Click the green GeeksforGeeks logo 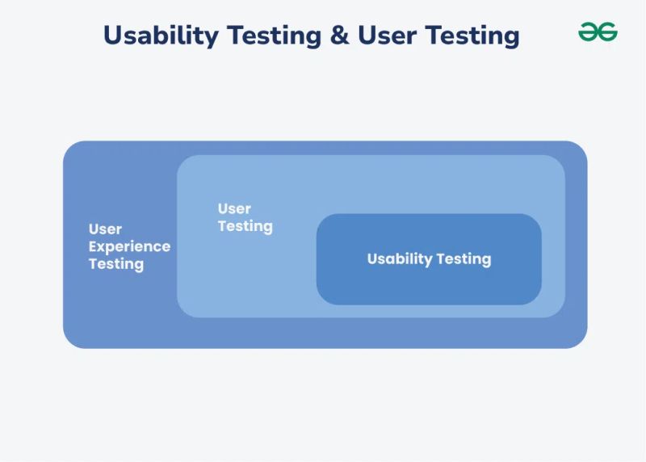[x=598, y=32]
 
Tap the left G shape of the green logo [x=588, y=32]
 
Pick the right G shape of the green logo [x=608, y=32]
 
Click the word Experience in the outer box [x=129, y=247]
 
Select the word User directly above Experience [x=105, y=229]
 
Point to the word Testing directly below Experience [x=116, y=264]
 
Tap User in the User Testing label [x=234, y=209]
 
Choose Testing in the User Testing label [x=245, y=227]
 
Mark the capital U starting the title [x=113, y=35]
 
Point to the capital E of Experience [x=93, y=246]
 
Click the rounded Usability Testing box [x=429, y=283]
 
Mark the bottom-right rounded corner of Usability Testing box [x=535, y=299]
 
